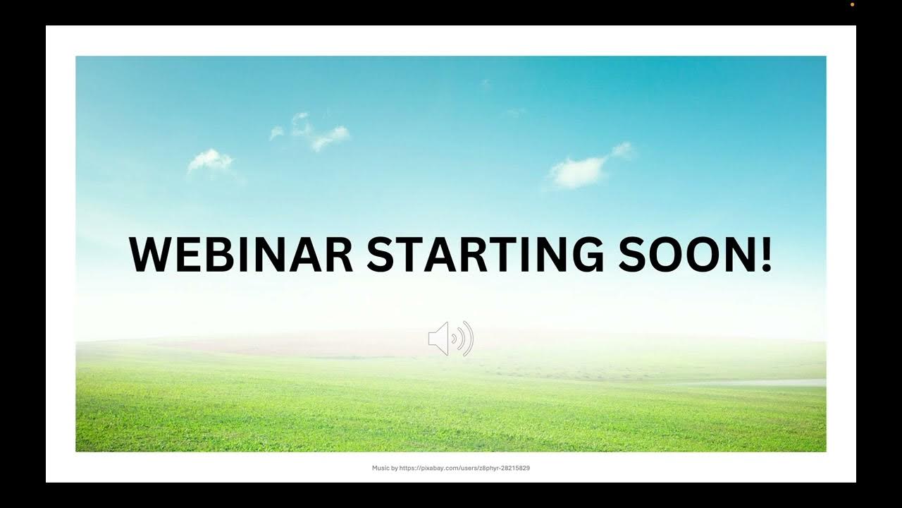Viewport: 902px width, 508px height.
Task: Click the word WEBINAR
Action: pos(241,255)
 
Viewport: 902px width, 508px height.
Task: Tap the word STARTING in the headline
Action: pos(485,255)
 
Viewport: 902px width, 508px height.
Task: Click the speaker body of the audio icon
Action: pos(439,339)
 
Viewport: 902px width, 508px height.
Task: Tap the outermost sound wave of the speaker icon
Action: pos(469,339)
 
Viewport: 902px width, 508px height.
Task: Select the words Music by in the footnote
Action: pos(385,468)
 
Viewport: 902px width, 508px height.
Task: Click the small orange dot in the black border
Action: pos(852,4)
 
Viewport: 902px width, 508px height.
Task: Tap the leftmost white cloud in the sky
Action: pos(210,161)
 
